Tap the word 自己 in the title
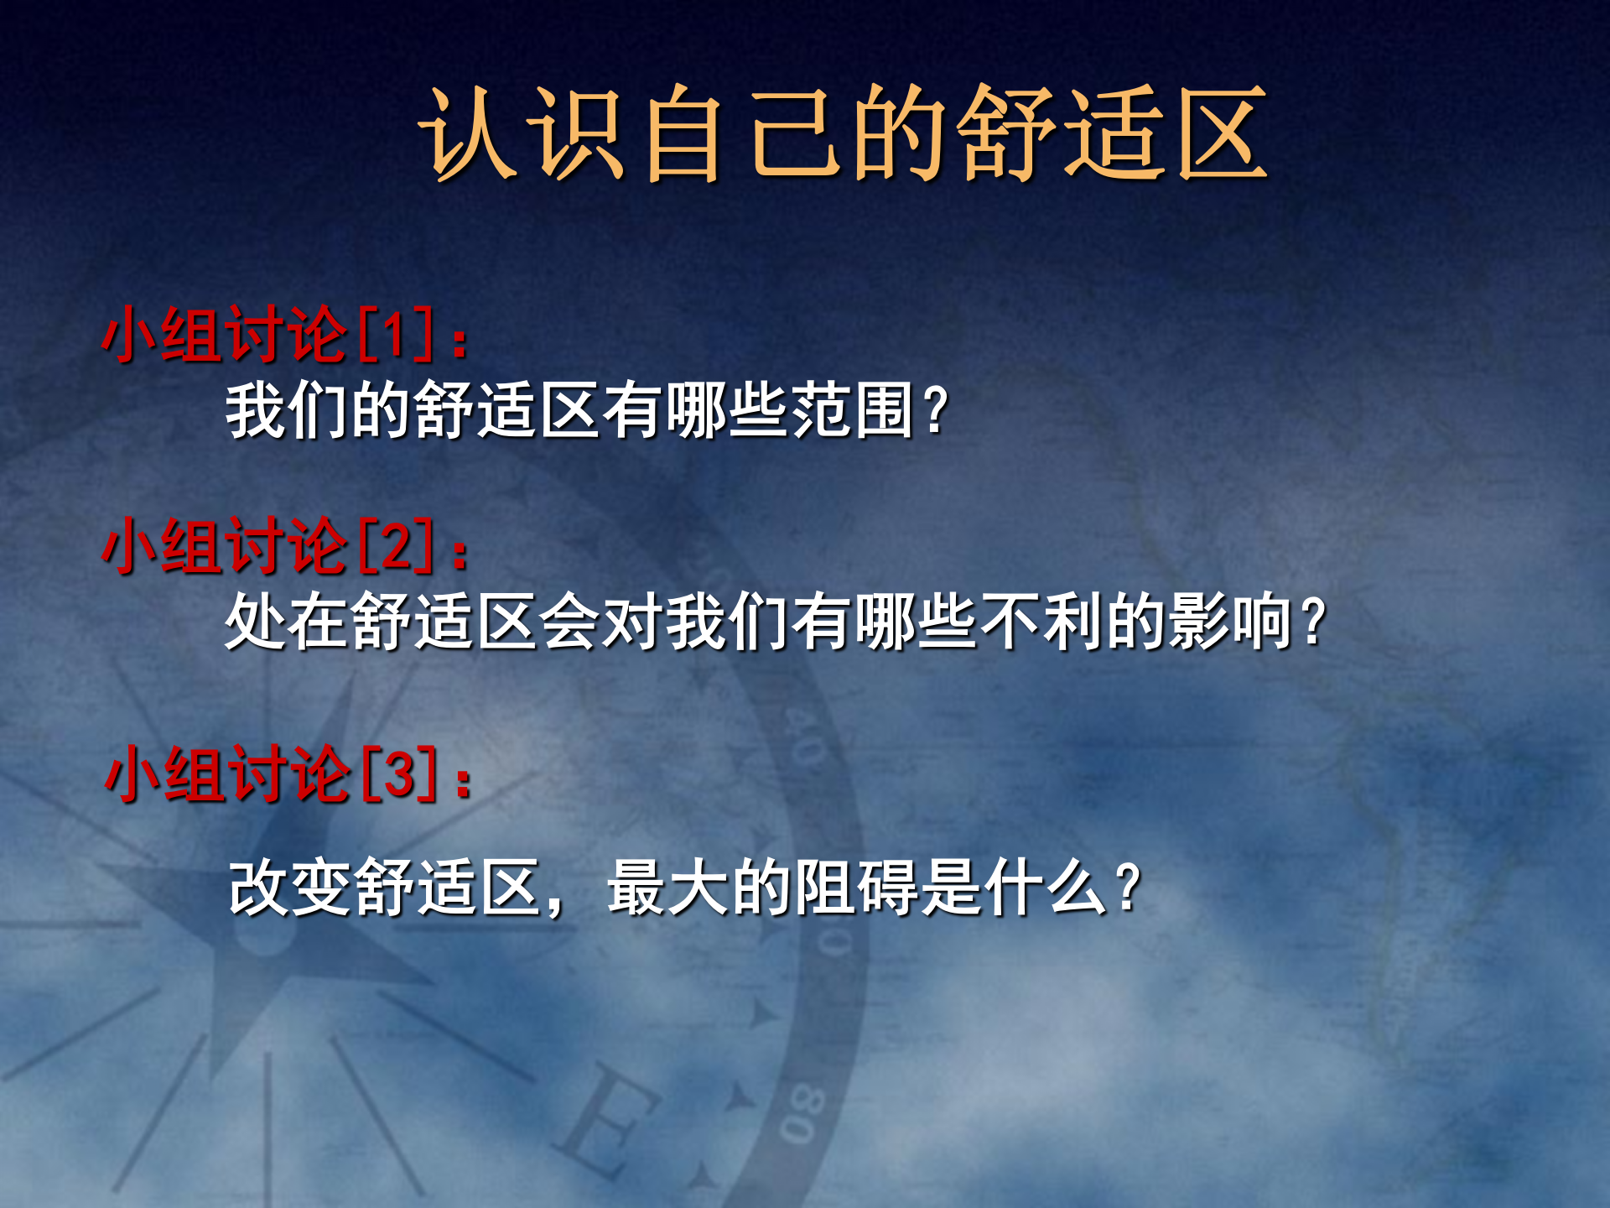click(738, 134)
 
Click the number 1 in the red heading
click(396, 335)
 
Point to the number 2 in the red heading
click(397, 546)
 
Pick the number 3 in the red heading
click(400, 774)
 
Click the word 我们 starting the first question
click(288, 410)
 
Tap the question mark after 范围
click(935, 410)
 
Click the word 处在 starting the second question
click(288, 622)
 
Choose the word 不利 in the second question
click(1042, 622)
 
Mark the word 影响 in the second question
click(1230, 622)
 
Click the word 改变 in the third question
click(292, 888)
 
